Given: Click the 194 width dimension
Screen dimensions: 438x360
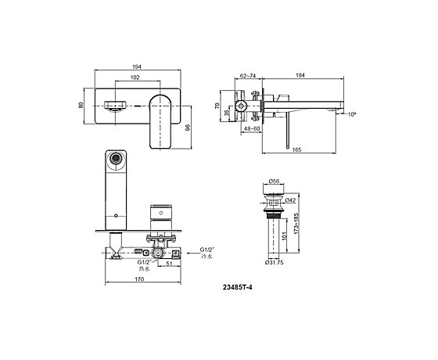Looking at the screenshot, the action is (x=137, y=67).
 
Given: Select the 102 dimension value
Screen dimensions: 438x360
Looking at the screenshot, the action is (x=135, y=77).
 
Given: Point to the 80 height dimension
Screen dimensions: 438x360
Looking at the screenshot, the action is (x=81, y=106).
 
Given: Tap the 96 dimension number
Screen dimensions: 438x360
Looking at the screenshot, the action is (x=188, y=128).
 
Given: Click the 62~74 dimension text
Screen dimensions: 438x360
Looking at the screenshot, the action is (x=248, y=75).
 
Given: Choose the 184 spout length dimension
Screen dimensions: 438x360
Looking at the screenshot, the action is (x=300, y=75).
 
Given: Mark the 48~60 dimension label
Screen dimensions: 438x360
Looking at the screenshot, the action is (x=252, y=128).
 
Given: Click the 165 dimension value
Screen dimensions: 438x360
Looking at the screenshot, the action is (x=296, y=149).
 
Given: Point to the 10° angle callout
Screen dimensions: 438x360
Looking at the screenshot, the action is (x=352, y=114).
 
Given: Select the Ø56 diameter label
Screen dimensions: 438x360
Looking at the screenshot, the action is (x=274, y=181).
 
